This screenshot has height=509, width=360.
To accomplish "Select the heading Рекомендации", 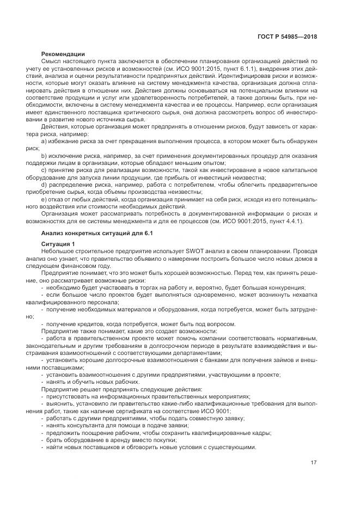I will [x=63, y=53].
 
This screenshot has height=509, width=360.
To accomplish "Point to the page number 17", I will [x=314, y=463].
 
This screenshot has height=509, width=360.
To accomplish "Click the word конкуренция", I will [x=286, y=287].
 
